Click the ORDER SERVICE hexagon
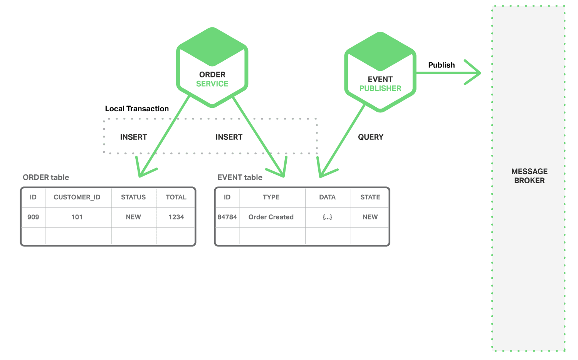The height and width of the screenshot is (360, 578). tap(212, 68)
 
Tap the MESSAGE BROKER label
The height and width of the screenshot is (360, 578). tap(529, 176)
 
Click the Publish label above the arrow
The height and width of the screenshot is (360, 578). tap(441, 65)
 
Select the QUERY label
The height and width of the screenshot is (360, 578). tap(371, 137)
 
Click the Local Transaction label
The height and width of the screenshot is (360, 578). tap(137, 109)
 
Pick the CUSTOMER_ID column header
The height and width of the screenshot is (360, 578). tap(77, 197)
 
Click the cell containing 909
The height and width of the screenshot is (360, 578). tap(33, 217)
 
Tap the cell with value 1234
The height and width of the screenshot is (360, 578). tap(176, 217)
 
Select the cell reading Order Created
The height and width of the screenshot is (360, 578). tap(271, 217)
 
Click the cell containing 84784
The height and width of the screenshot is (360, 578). tap(227, 217)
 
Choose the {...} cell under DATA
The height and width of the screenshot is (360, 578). tap(327, 217)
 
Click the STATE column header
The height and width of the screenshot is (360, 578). tap(370, 197)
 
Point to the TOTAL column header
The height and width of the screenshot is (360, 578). tap(176, 197)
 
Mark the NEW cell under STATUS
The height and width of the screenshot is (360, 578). tap(133, 217)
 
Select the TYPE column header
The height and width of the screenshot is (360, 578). tap(271, 197)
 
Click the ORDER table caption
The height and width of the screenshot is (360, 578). tap(46, 177)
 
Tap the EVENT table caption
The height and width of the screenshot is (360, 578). tap(240, 177)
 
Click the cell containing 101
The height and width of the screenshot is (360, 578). tap(77, 217)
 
